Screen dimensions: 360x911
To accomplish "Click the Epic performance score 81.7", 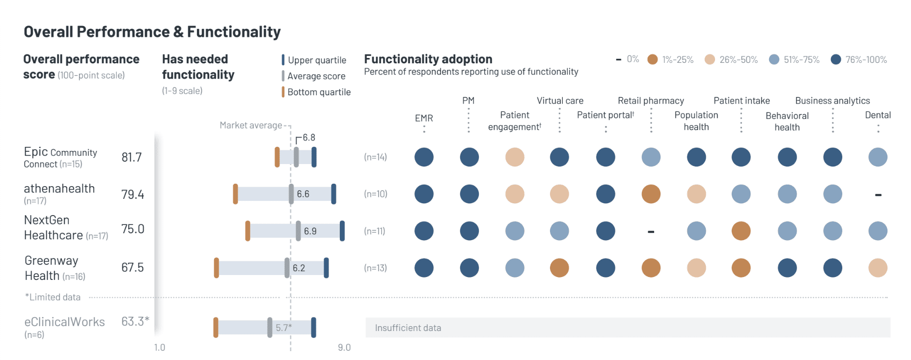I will click(x=132, y=157).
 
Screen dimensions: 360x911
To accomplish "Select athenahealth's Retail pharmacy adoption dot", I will click(x=651, y=194).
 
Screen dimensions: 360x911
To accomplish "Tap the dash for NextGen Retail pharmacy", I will click(x=651, y=231).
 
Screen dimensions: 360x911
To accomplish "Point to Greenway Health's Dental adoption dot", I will click(x=878, y=268).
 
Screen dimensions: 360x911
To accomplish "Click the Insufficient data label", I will click(x=408, y=328).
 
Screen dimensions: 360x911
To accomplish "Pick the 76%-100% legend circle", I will click(x=836, y=59).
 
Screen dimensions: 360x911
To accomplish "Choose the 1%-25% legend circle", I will click(x=652, y=59).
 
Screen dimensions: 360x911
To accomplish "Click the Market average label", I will click(x=250, y=125).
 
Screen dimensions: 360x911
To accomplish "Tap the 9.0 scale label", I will click(x=344, y=347).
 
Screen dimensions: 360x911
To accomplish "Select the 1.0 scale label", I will click(x=160, y=347).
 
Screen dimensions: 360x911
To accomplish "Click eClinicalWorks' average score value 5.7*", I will click(x=283, y=328).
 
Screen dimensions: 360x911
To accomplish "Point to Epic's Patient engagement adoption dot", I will click(x=515, y=157).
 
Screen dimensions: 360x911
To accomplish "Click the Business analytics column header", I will click(x=832, y=101).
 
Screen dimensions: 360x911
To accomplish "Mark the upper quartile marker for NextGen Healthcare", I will click(x=342, y=231).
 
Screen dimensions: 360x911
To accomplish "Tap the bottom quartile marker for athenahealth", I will click(x=235, y=194).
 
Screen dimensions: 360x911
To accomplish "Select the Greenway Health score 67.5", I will click(x=133, y=268).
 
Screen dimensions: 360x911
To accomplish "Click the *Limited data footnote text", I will click(x=53, y=297).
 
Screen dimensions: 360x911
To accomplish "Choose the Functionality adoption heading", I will click(x=428, y=59).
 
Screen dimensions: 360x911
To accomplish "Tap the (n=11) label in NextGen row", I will click(x=374, y=231).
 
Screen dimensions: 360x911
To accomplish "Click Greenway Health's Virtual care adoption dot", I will click(x=559, y=268).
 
